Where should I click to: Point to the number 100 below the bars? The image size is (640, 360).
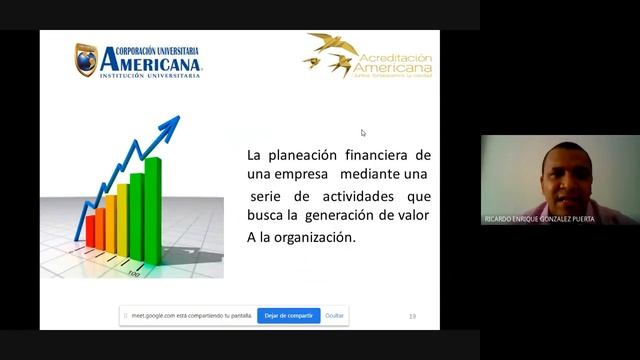133,273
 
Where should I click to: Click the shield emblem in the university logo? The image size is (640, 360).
86,60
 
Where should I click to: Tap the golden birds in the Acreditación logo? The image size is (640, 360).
331,55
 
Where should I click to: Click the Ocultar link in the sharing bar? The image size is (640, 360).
335,315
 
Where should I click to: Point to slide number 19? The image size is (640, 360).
412,316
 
